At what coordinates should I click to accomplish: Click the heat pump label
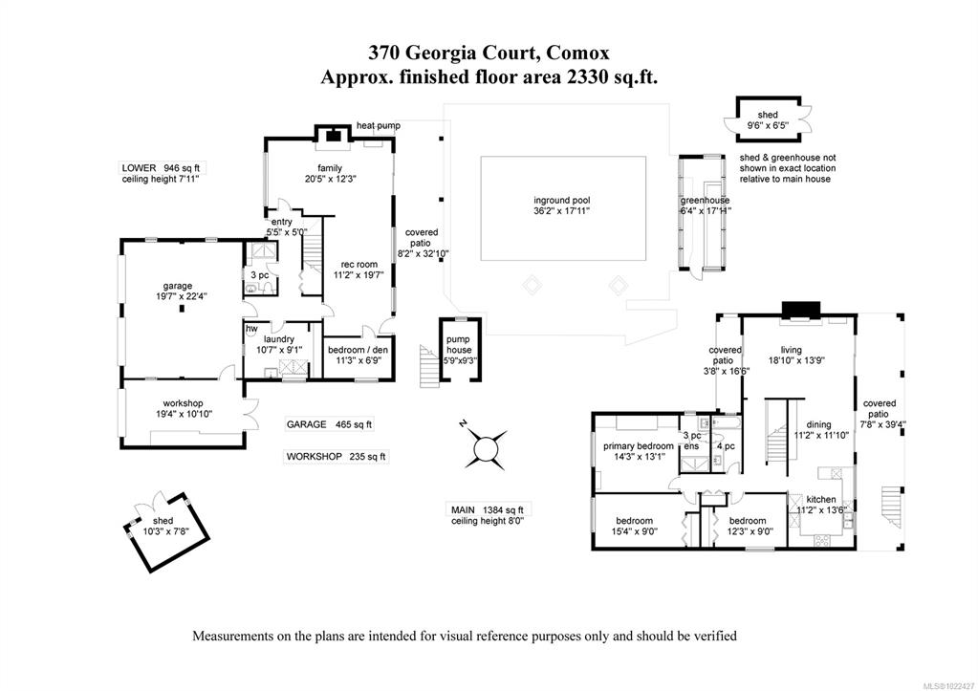tap(378, 125)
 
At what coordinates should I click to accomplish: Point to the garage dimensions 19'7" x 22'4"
tap(177, 296)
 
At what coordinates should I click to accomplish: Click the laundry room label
tap(280, 338)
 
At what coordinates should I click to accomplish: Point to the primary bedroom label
tap(638, 445)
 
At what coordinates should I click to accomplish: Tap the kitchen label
tap(821, 499)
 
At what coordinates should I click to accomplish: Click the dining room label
tap(817, 424)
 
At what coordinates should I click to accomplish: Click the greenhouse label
tap(705, 200)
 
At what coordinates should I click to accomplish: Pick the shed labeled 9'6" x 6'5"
tap(768, 116)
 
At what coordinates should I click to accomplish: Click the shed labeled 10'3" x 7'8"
tap(157, 521)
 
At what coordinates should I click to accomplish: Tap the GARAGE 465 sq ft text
tap(330, 424)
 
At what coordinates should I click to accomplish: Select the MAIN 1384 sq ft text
tap(488, 509)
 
